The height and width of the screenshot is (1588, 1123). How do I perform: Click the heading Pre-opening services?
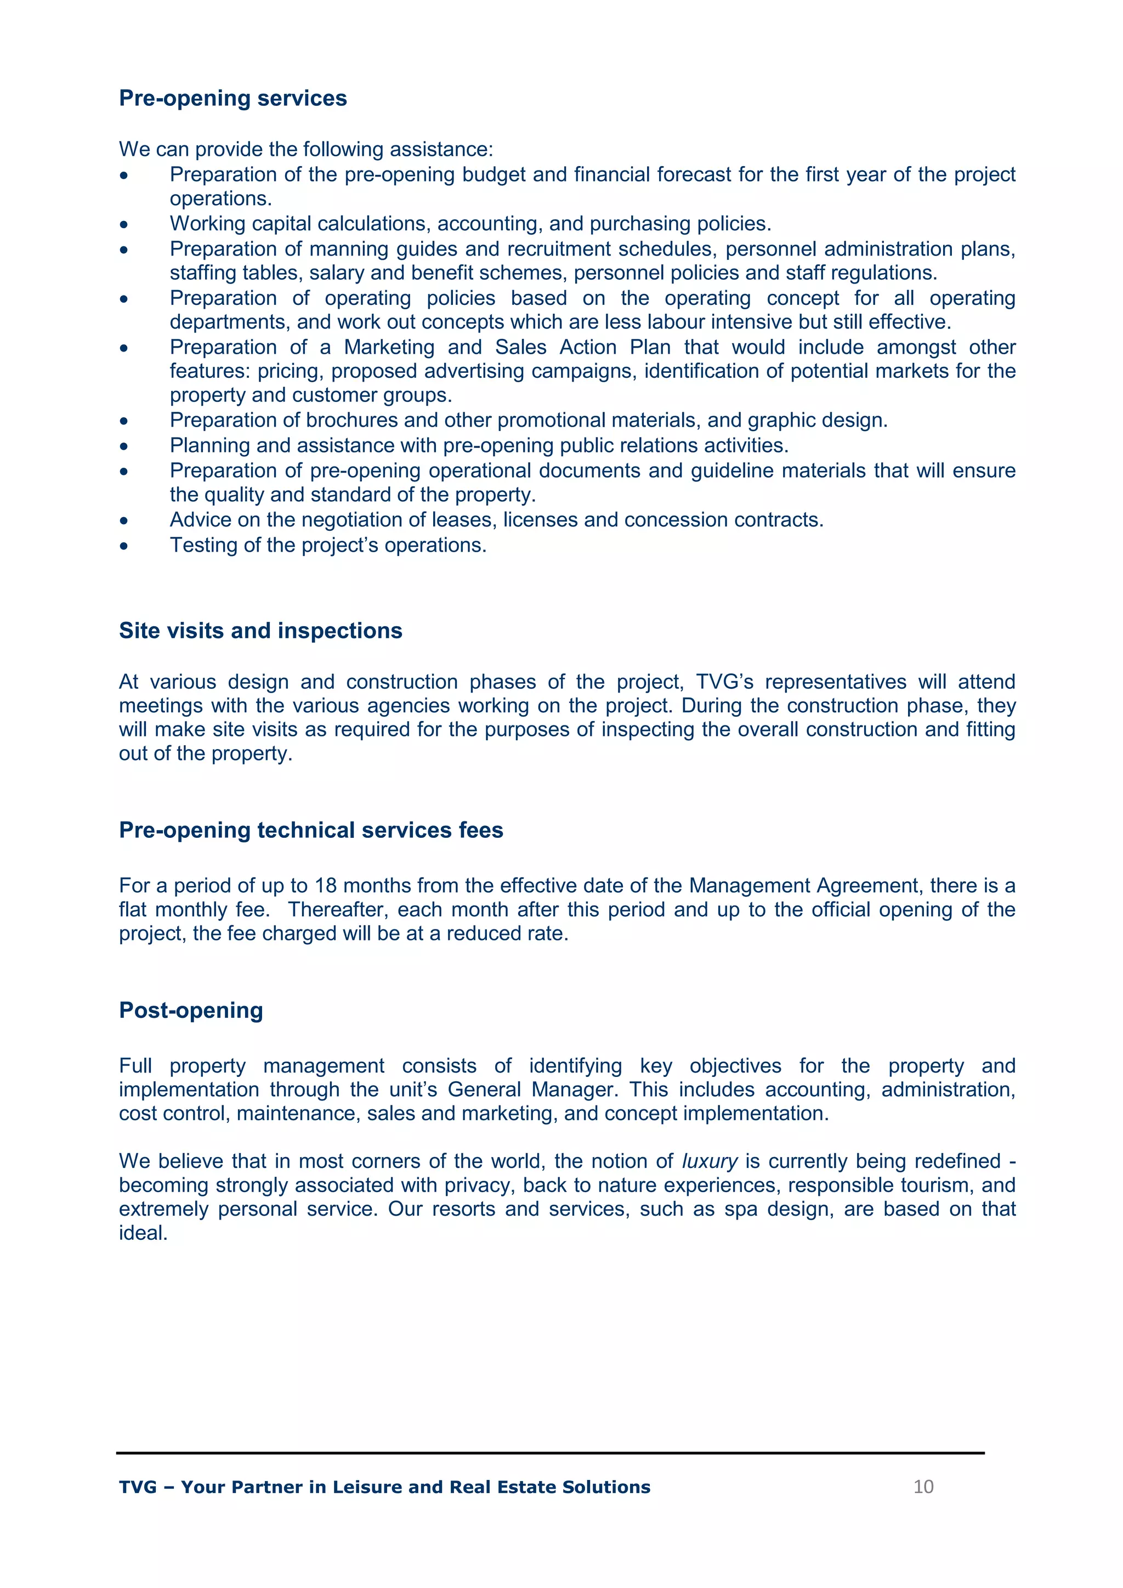click(x=232, y=98)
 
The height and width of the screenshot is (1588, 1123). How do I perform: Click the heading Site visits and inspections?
click(x=260, y=631)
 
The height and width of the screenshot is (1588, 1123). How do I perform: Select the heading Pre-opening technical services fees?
click(x=310, y=830)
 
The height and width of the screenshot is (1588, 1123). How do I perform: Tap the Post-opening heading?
click(x=191, y=1011)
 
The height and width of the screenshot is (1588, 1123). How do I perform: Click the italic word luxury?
click(x=710, y=1161)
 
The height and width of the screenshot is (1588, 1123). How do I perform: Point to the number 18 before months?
click(x=326, y=886)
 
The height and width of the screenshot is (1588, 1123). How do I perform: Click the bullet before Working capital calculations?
click(x=124, y=225)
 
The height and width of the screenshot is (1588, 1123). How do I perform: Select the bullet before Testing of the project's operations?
click(x=124, y=546)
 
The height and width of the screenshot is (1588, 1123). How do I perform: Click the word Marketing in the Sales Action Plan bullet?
click(x=389, y=347)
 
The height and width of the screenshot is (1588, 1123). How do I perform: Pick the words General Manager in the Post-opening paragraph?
click(x=532, y=1090)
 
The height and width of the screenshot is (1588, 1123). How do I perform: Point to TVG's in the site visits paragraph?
click(x=724, y=682)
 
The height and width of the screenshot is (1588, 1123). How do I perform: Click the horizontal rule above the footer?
click(x=550, y=1453)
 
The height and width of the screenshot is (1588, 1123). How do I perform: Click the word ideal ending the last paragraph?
click(x=143, y=1233)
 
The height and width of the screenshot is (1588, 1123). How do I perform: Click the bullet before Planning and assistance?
click(x=124, y=447)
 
